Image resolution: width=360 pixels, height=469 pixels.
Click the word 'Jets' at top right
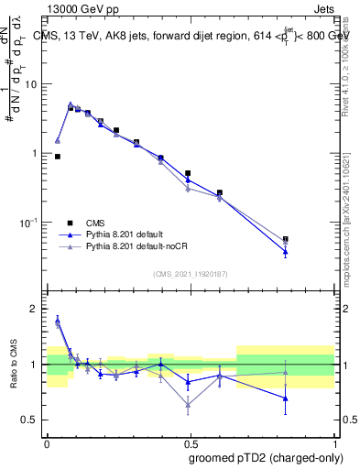pos(322,7)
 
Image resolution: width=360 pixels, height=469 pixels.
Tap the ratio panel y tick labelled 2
pos(36,309)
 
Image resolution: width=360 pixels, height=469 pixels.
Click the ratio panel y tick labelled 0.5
pos(31,420)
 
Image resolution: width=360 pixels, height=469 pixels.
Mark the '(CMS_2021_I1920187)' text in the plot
pos(191,274)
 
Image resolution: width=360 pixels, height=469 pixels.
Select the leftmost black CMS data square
pos(58,157)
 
